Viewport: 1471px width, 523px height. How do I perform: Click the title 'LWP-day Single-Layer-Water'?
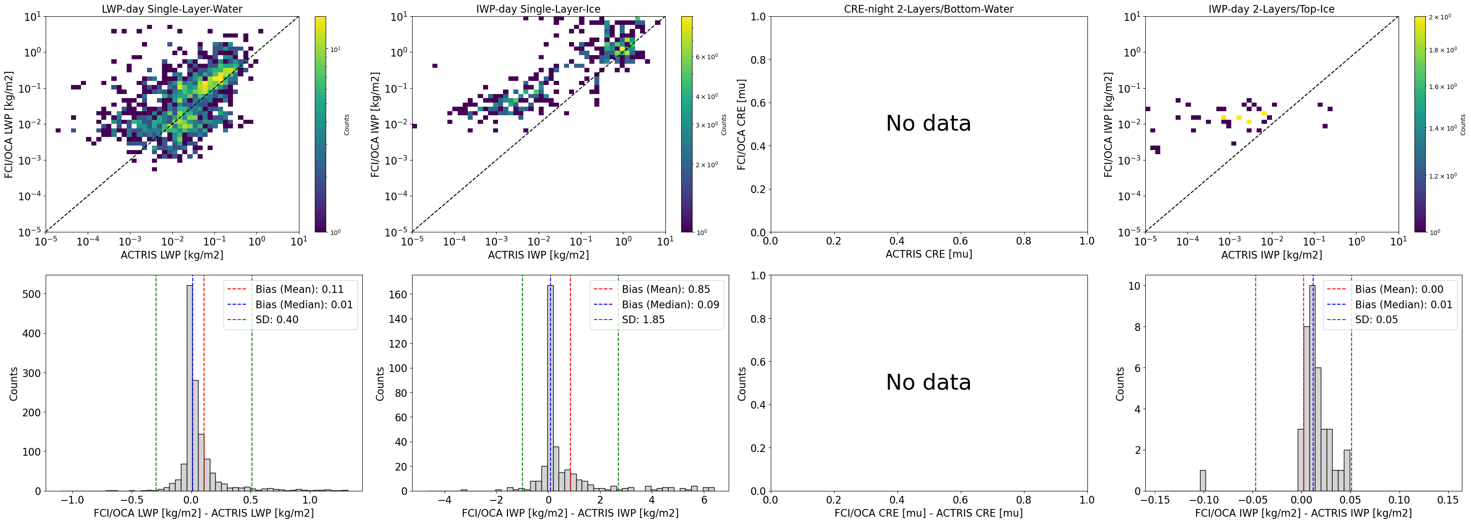coord(172,9)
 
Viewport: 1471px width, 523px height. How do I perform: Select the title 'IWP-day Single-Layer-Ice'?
coord(538,9)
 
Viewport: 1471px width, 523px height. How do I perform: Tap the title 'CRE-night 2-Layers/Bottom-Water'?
coord(929,9)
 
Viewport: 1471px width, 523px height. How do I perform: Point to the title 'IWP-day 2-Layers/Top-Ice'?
coord(1271,9)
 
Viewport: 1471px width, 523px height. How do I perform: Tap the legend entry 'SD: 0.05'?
coord(1376,320)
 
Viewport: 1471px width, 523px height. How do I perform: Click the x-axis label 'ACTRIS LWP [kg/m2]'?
coord(172,254)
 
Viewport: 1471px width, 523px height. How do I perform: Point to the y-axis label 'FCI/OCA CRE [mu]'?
coord(741,124)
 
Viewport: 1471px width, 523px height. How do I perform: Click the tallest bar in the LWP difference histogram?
coord(190,388)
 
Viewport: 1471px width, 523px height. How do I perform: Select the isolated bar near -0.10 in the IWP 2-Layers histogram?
coord(1203,481)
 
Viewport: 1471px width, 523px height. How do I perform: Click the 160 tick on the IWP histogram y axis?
coord(398,295)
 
